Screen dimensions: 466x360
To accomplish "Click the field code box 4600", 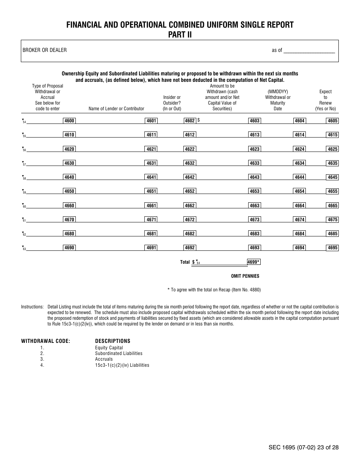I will tap(69, 121).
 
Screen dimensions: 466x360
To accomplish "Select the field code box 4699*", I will tap(253, 262).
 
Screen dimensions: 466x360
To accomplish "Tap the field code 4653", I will tap(254, 191).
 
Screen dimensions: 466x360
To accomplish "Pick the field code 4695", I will tap(332, 248).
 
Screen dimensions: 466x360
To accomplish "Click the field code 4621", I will tap(151, 149).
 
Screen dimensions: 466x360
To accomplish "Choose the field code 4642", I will tap(189, 177).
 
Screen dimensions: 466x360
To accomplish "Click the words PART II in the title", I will tap(180, 34).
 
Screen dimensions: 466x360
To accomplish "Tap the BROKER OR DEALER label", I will tap(45, 50).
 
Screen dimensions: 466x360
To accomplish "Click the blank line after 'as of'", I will tap(309, 51).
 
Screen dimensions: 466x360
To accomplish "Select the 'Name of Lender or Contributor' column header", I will tap(116, 109).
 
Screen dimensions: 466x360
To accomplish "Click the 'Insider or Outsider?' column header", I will tap(172, 103).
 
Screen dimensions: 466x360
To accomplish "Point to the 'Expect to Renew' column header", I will tap(325, 100).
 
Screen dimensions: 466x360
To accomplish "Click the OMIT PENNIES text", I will tap(245, 276).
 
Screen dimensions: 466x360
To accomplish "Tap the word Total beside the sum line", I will tap(185, 262).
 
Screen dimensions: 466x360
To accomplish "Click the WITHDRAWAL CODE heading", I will tap(45, 341).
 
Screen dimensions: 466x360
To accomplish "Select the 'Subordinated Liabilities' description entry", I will tap(119, 353).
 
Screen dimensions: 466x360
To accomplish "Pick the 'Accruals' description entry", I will tap(104, 359).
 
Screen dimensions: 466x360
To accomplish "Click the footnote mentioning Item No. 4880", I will tap(214, 290).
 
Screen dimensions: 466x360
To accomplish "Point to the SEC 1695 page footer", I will tap(303, 447).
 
